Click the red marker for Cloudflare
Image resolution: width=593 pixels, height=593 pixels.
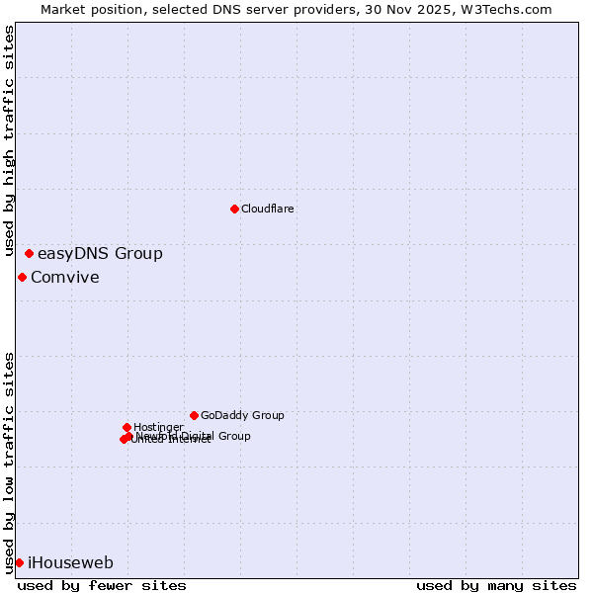tap(234, 209)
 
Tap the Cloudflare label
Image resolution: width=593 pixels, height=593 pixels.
tap(268, 210)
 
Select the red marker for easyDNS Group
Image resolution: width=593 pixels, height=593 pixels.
tap(29, 254)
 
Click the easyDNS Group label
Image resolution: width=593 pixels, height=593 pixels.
tap(100, 254)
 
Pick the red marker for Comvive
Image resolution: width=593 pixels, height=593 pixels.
tap(22, 277)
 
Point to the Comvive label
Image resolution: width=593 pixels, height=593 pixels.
tap(65, 278)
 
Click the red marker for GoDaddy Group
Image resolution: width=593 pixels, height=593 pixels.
tap(194, 415)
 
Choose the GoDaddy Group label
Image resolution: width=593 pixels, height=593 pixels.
tap(242, 416)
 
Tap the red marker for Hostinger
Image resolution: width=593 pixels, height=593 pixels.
tap(127, 427)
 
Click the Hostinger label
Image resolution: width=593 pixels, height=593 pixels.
tap(158, 428)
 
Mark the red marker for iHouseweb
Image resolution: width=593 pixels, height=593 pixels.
tap(19, 562)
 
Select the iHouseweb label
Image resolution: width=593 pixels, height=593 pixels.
tap(70, 563)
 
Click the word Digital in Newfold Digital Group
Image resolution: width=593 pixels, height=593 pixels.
tap(197, 436)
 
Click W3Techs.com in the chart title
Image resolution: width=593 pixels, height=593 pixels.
tap(504, 9)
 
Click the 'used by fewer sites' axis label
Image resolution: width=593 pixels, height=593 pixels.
tap(102, 585)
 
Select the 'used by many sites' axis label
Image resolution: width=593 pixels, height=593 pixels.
tap(496, 585)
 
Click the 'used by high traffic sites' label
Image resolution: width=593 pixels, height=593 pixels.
tap(10, 128)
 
